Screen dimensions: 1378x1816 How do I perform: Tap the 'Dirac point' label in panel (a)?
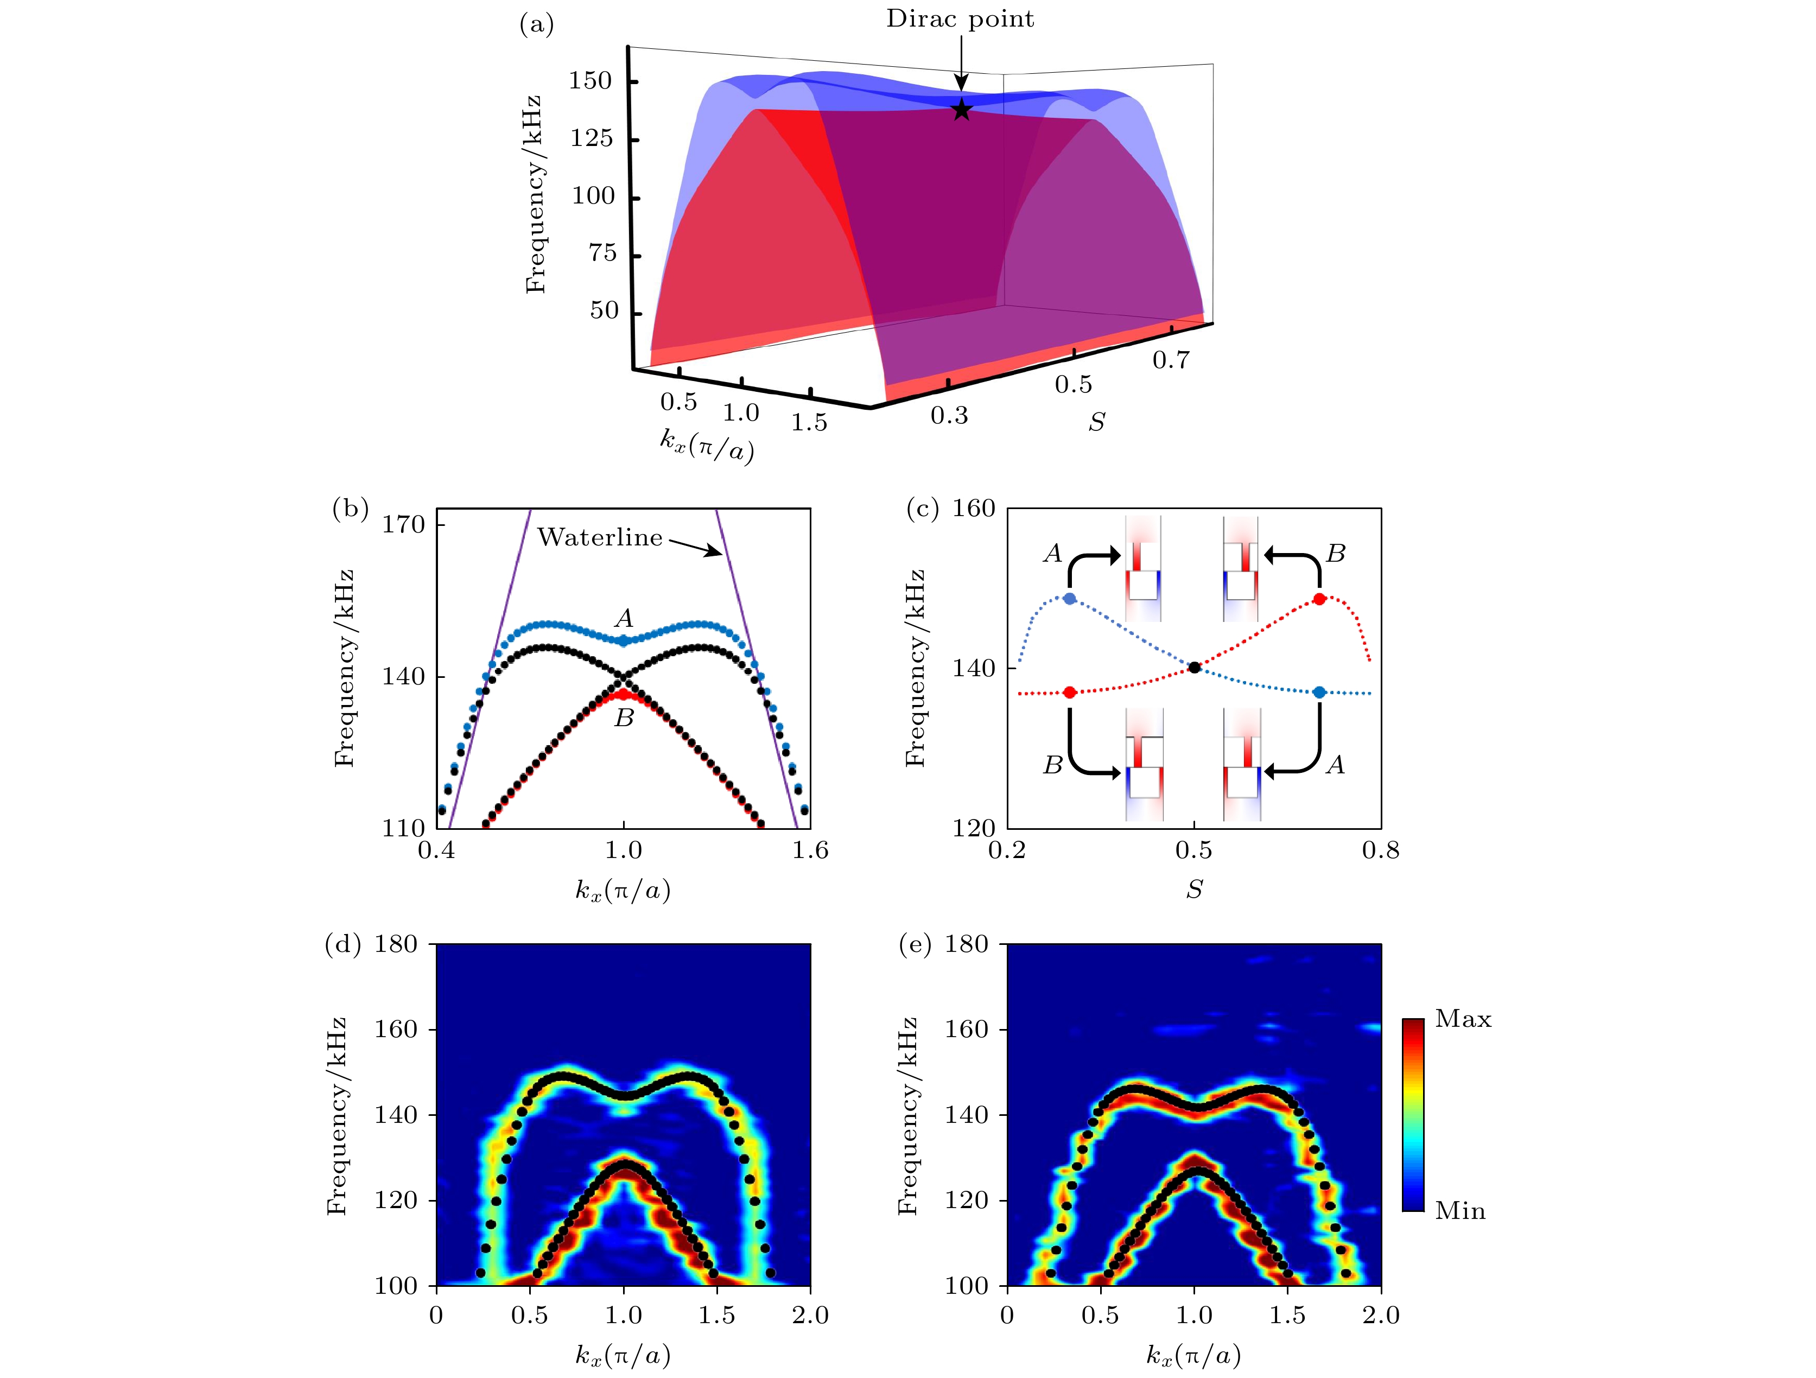tap(959, 19)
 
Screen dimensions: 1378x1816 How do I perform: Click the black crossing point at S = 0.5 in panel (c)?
tap(1195, 667)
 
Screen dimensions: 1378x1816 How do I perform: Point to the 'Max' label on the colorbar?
tap(1463, 1019)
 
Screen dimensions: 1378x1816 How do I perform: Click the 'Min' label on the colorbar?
tap(1460, 1211)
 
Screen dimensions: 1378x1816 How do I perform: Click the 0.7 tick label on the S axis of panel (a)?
tap(1171, 359)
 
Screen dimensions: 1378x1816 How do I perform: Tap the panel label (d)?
tap(343, 945)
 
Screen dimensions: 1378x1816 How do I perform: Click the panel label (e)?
tap(915, 945)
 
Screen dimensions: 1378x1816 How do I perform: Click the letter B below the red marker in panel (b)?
tap(624, 718)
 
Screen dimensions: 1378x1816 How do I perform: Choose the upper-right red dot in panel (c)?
tap(1319, 599)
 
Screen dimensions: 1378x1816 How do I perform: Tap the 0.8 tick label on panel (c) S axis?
tap(1380, 850)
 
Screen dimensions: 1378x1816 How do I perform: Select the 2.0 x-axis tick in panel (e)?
tap(1380, 1316)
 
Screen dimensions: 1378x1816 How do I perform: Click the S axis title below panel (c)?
tap(1195, 889)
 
